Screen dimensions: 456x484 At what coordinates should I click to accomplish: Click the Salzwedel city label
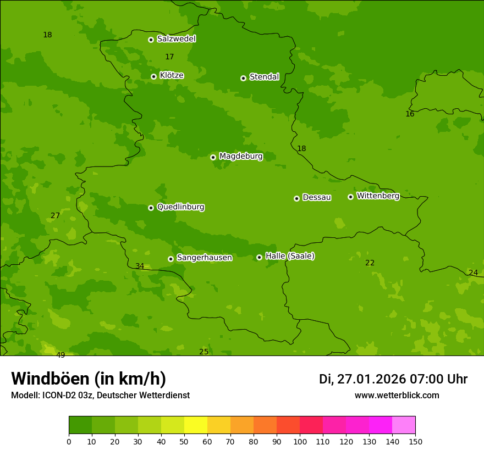pos(176,39)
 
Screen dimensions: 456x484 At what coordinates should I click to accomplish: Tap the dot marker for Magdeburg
pos(213,157)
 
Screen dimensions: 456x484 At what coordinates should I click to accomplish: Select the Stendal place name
pos(264,77)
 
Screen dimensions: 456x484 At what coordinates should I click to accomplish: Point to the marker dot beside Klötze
pos(153,76)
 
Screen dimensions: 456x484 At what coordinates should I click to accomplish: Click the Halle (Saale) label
pos(290,256)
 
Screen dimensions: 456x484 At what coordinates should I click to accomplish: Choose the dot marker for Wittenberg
pos(350,197)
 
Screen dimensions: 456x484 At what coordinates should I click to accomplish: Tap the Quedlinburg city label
pos(180,207)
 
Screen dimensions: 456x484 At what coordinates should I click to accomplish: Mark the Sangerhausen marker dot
pos(170,259)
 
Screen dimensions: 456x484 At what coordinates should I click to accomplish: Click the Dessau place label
pos(317,197)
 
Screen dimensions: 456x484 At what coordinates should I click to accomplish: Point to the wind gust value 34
pos(140,266)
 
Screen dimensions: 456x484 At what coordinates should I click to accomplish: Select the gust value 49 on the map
pos(61,355)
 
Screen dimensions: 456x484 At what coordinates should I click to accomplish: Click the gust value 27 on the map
pos(55,216)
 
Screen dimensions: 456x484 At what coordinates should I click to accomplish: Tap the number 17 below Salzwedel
pos(169,57)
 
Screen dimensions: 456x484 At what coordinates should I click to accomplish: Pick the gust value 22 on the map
pos(370,263)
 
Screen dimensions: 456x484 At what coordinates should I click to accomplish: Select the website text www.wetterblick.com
pos(397,396)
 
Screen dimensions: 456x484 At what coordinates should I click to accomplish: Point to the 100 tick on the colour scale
pos(300,441)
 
